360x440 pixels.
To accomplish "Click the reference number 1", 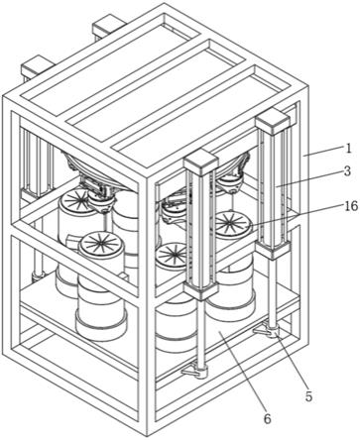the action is pos(347,148).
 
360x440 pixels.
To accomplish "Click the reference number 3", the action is pos(347,171).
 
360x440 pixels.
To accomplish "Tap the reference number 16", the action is pos(351,206).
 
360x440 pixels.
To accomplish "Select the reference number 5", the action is pos(308,396).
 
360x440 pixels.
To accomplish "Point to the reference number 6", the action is pos(267,418).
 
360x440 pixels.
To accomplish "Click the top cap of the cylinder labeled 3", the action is pos(273,122).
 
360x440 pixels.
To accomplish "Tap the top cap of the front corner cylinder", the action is pos(201,162).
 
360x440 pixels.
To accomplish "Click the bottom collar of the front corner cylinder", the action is pos(201,290).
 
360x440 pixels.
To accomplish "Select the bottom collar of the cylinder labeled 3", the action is pos(273,250).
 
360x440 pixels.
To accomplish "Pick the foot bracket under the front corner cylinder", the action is pos(195,372).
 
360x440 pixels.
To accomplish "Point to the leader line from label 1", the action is pos(322,152).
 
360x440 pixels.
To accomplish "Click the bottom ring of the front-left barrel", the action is pos(101,327).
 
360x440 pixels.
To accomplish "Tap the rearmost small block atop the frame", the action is pos(109,27).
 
